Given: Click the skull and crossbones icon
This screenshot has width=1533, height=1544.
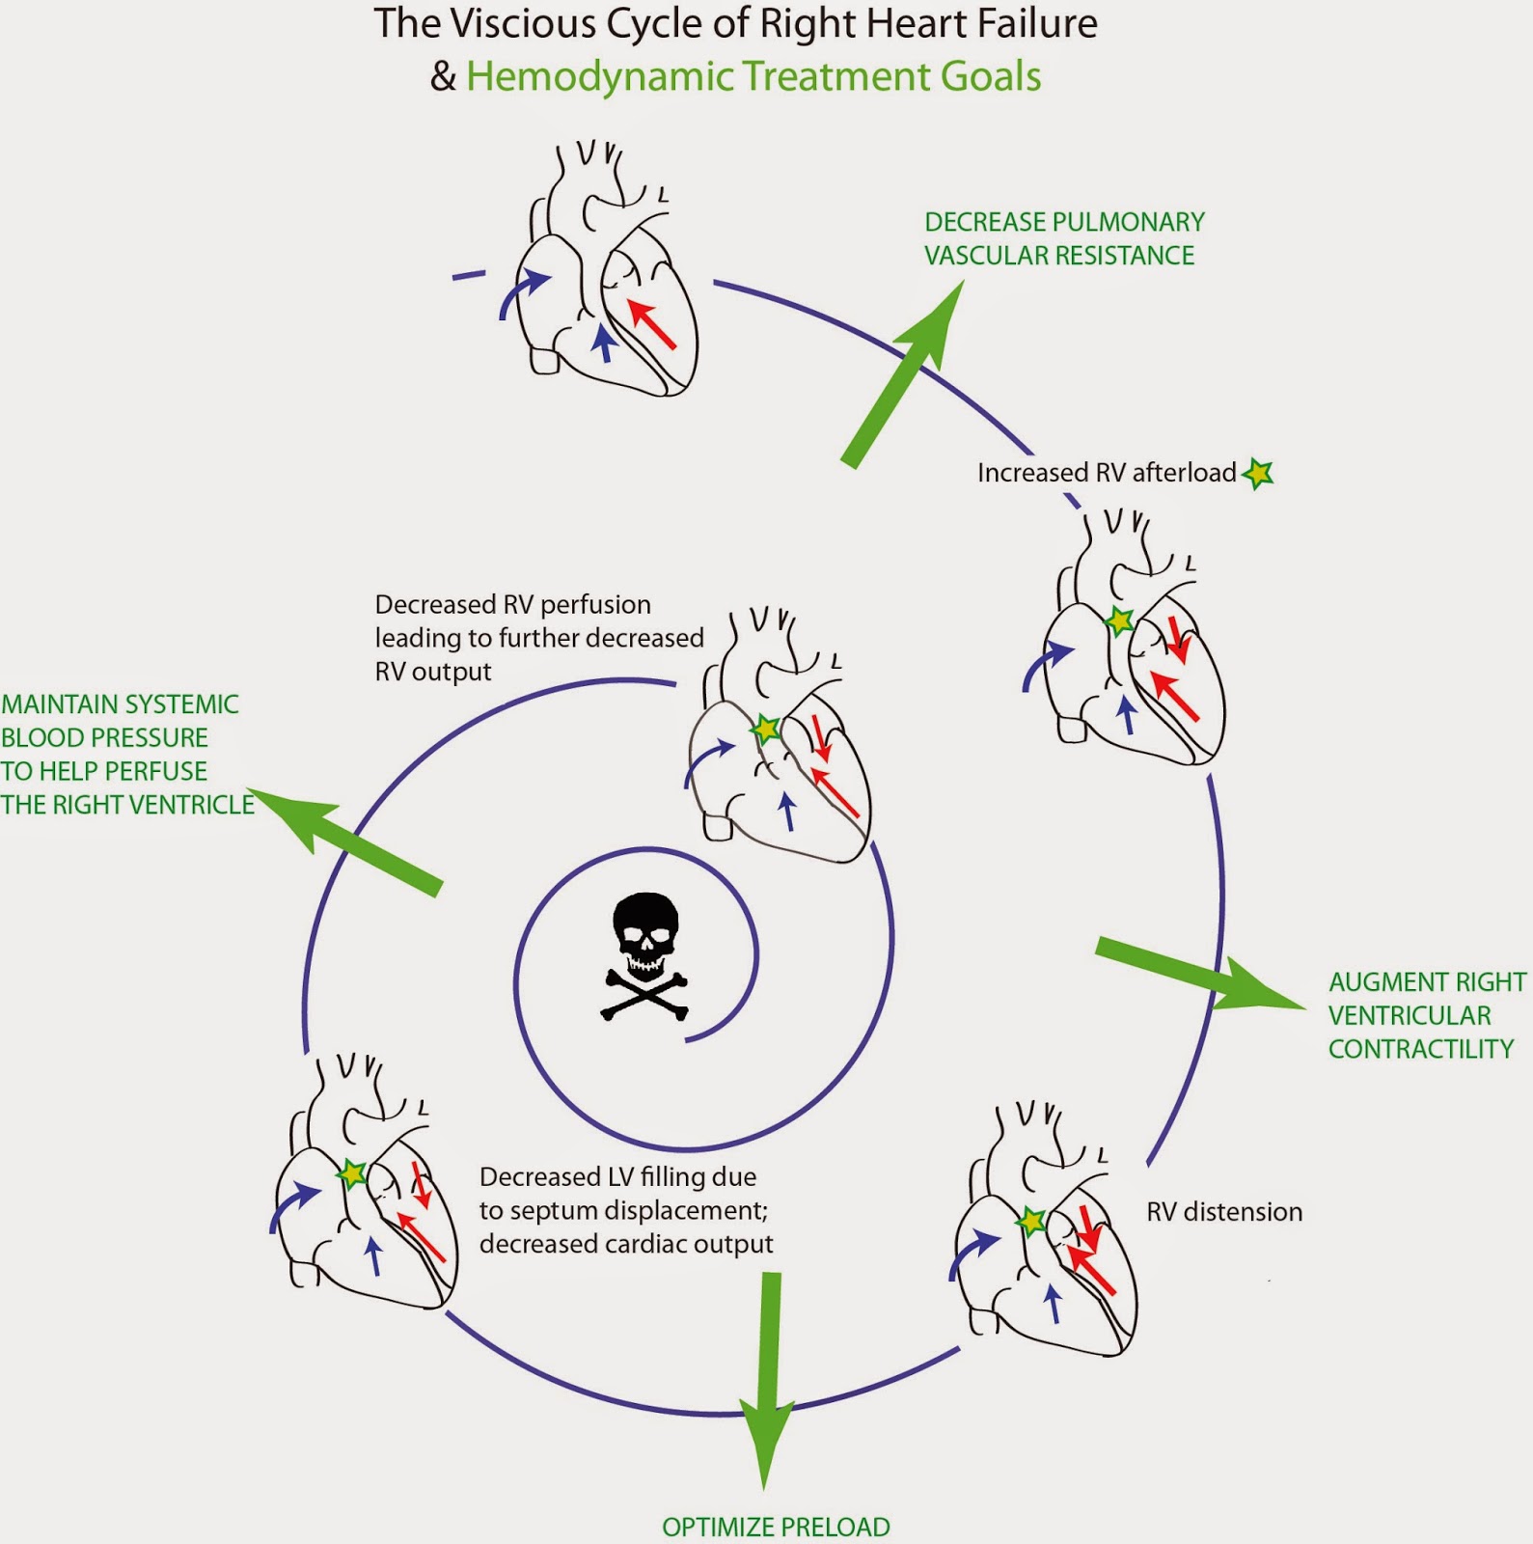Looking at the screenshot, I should [x=645, y=954].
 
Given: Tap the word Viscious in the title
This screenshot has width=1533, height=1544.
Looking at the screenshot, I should [x=525, y=23].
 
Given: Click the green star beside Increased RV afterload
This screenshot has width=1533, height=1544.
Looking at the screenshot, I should [x=1258, y=473].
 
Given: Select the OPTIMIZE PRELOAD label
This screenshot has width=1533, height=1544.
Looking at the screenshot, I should [x=776, y=1527].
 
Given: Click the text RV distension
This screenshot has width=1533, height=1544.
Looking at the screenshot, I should [x=1223, y=1212].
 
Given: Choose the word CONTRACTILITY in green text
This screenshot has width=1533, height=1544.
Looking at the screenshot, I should [x=1420, y=1049].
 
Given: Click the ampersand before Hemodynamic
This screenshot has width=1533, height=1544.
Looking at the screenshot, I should [x=443, y=76].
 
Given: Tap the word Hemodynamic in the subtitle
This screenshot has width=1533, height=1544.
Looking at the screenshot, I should [x=599, y=76].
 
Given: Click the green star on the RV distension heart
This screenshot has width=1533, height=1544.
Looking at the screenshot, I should [x=1031, y=1222].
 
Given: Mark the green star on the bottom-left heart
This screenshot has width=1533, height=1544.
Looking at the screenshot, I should [x=351, y=1173].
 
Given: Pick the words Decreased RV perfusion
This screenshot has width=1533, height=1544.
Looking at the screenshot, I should [x=512, y=605].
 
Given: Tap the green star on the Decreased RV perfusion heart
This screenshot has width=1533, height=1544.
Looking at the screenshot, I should [x=765, y=729].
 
